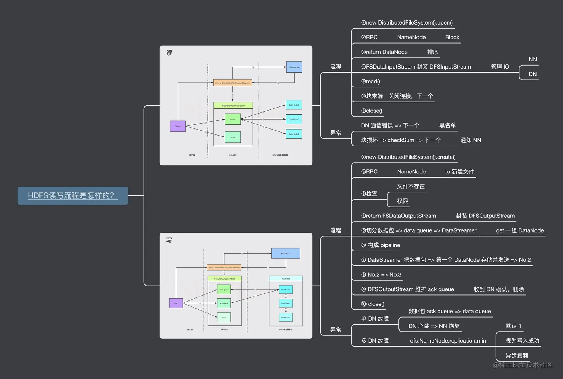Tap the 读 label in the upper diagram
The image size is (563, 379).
tap(169, 53)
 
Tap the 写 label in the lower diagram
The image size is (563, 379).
tap(169, 240)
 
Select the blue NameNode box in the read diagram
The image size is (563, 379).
tap(294, 67)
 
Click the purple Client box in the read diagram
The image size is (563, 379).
tap(178, 126)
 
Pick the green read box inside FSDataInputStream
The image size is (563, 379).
tap(233, 119)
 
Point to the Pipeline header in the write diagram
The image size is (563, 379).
tap(286, 278)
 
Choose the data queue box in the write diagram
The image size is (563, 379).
tap(224, 289)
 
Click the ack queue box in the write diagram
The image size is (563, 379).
tap(224, 303)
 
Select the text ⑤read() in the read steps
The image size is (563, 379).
tap(370, 82)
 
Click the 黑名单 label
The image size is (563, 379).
tap(448, 125)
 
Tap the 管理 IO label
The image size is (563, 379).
tap(500, 67)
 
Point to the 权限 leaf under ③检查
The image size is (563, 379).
tap(403, 201)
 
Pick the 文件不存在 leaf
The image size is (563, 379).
tap(411, 186)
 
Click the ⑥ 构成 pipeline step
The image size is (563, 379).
tap(381, 245)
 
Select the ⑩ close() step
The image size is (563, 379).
tap(372, 304)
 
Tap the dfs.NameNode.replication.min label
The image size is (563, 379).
tap(448, 341)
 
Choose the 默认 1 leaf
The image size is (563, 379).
tap(513, 326)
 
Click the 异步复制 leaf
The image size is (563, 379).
tap(517, 355)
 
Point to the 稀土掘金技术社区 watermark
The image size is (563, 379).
tap(523, 365)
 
